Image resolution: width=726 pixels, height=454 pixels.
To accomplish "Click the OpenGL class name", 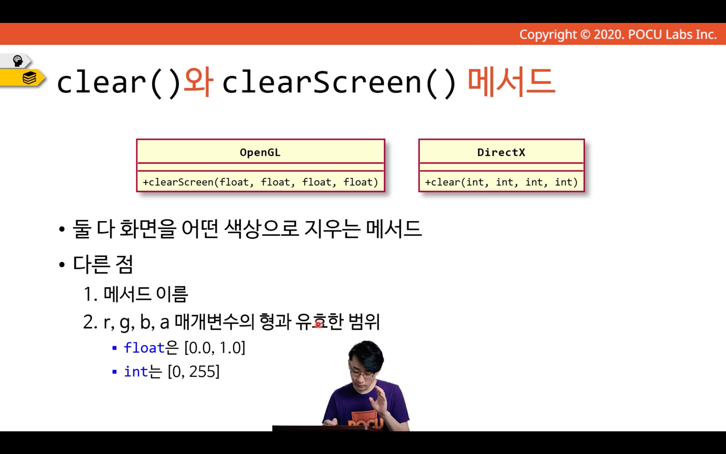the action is point(260,152).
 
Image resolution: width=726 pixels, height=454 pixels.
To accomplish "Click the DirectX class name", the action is point(501,152).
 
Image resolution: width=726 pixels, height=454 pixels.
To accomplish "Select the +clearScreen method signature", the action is point(261,182).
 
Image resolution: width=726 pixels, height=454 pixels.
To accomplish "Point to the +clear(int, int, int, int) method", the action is point(501,182).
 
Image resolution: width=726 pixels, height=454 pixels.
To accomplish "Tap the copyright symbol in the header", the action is point(585,35).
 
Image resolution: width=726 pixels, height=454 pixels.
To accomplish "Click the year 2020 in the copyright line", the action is point(609,35).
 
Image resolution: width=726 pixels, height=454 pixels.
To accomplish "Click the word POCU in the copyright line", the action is point(645,35).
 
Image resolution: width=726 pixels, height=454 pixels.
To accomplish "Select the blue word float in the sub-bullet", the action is point(144,348).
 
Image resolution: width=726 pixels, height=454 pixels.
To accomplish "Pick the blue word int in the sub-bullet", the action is point(136,371).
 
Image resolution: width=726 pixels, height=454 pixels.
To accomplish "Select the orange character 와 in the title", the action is point(198,82).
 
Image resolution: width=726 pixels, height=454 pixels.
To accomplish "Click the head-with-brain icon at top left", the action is point(18,61).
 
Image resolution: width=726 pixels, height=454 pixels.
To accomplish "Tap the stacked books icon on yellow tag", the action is point(29,78).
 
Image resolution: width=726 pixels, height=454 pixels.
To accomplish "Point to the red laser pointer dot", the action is point(318,324).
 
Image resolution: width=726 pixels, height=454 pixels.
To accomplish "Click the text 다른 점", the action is point(103,264).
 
